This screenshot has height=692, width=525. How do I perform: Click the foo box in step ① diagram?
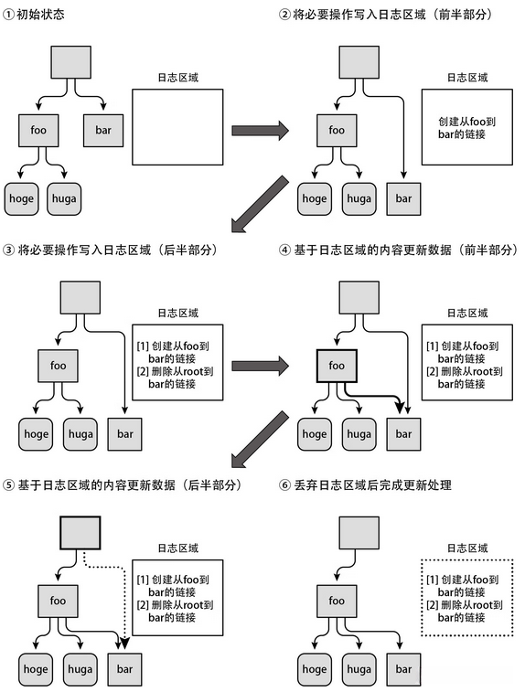pyautogui.click(x=37, y=130)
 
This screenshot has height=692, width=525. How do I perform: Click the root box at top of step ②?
pyautogui.click(x=359, y=62)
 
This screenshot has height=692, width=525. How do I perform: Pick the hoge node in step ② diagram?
pyautogui.click(x=314, y=198)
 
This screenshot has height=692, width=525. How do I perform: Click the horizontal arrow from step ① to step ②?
pyautogui.click(x=260, y=130)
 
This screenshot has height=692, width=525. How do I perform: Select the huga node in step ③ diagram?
pyautogui.click(x=80, y=434)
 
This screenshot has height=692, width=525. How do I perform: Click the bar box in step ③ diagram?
pyautogui.click(x=124, y=434)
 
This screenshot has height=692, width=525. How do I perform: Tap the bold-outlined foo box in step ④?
pyautogui.click(x=337, y=366)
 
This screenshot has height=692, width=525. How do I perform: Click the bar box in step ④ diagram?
pyautogui.click(x=403, y=434)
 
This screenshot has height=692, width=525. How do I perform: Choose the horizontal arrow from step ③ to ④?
pyautogui.click(x=260, y=366)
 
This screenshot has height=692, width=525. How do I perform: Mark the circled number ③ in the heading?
pyautogui.click(x=8, y=250)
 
